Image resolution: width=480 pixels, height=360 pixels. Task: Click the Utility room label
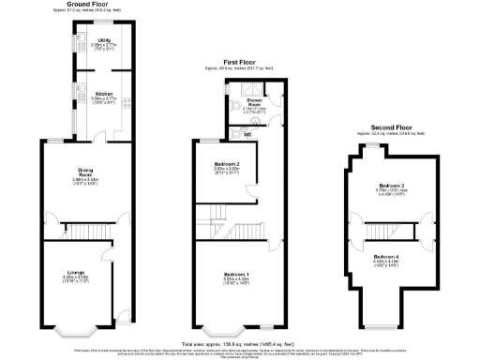point(103,40)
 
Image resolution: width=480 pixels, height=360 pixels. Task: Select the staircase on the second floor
point(391,226)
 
